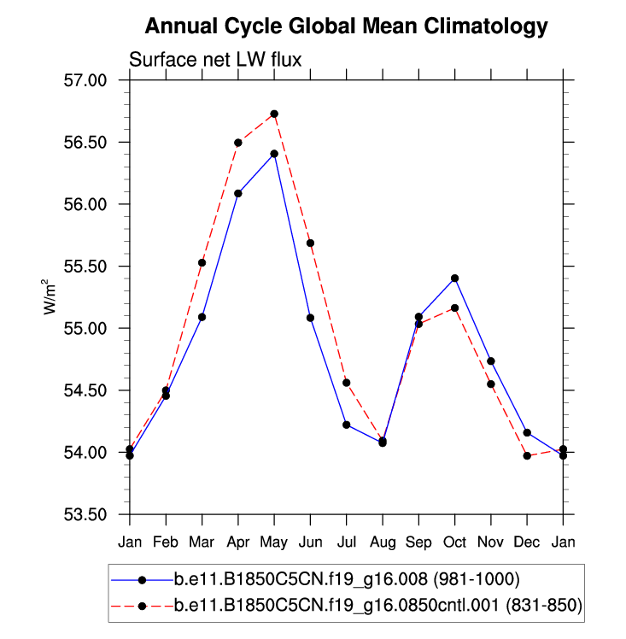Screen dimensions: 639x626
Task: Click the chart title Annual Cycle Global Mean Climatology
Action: click(x=346, y=26)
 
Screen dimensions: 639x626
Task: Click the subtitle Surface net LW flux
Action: click(x=215, y=59)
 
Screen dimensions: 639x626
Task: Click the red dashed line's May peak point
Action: click(x=274, y=114)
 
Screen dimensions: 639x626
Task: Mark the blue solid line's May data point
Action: click(x=274, y=154)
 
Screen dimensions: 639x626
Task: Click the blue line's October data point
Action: click(x=455, y=278)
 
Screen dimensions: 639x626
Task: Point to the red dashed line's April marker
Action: click(x=238, y=143)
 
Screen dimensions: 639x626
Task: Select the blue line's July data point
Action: click(x=347, y=425)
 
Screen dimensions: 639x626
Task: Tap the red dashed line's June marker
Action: click(x=311, y=243)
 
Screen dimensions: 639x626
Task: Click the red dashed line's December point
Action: click(x=527, y=456)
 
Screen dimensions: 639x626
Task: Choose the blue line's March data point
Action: click(x=202, y=317)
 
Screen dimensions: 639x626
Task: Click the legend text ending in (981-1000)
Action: click(x=342, y=579)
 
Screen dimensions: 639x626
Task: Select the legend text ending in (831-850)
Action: click(x=377, y=606)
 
